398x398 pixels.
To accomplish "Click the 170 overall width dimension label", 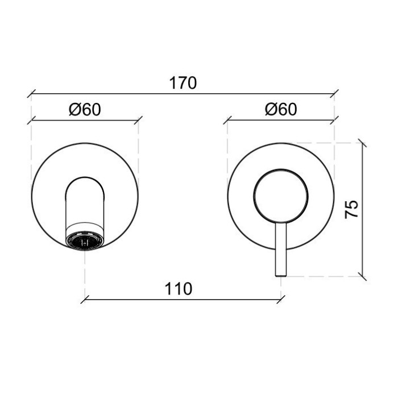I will (183, 83).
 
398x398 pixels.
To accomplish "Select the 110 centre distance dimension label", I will (179, 289).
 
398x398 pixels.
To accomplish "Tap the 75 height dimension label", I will (352, 209).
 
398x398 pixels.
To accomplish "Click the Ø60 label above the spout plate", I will (85, 110).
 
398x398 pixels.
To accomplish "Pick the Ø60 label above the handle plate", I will (281, 110).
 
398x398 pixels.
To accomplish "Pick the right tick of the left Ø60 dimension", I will (139, 119).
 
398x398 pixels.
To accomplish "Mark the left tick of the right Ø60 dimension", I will (227, 119).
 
